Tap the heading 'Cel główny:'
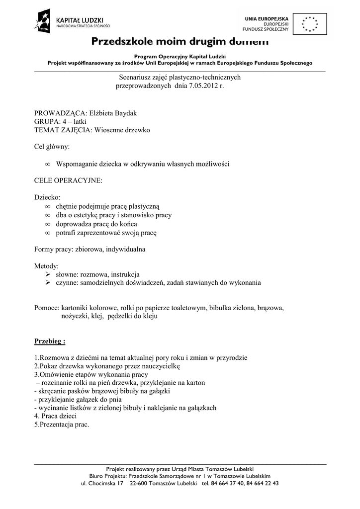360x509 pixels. click(52, 147)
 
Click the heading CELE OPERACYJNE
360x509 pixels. click(68, 180)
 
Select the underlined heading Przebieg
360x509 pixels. click(50, 341)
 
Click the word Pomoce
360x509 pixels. click(46, 308)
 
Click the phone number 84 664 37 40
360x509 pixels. click(227, 483)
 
